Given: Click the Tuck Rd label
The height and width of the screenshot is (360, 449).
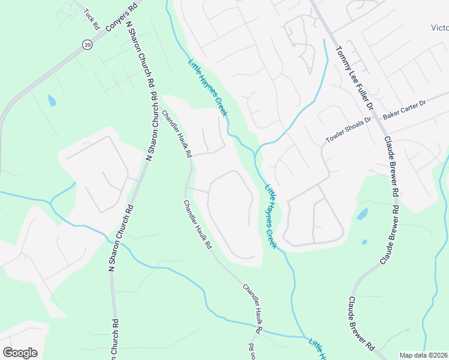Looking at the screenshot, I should tap(91, 20).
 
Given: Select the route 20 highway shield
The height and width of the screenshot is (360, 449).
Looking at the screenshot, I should tap(86, 45).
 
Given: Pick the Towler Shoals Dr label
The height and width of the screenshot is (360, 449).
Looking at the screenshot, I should tap(349, 130).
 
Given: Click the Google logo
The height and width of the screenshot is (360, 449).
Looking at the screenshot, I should tap(20, 352).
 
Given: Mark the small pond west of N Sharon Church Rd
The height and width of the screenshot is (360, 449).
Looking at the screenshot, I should tap(52, 101).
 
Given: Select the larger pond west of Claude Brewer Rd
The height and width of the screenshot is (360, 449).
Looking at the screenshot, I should tap(362, 214).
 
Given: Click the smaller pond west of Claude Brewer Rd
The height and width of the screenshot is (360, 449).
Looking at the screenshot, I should tap(364, 242).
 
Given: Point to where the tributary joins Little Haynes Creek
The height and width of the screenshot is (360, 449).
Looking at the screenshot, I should tap(257, 150).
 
